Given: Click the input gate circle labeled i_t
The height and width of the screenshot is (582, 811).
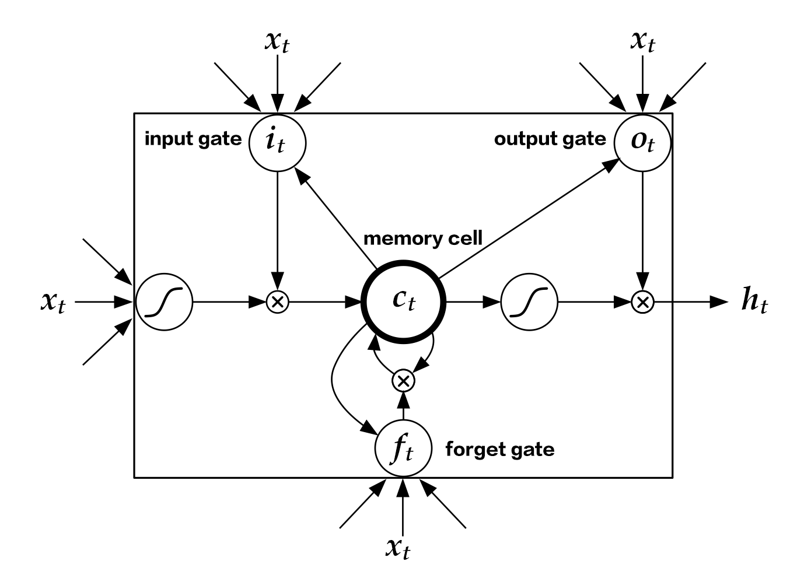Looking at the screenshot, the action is (277, 143).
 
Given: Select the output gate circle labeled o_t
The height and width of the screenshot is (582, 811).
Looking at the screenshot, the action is (642, 143).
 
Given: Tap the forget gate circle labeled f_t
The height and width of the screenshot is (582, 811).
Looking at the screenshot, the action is (403, 448).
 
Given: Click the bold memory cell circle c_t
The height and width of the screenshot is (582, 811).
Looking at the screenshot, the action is (403, 301).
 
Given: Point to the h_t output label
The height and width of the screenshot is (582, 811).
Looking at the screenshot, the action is (754, 300).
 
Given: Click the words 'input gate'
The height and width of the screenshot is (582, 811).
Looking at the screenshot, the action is (193, 139).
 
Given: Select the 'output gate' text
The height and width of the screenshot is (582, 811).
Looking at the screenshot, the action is (550, 139).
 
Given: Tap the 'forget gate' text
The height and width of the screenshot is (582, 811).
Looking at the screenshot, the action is (500, 450).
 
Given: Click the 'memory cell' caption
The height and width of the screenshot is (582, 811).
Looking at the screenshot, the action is (423, 239).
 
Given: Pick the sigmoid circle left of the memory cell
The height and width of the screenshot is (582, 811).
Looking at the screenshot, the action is (165, 302).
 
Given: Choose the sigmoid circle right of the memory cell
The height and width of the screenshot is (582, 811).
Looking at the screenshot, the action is (529, 302).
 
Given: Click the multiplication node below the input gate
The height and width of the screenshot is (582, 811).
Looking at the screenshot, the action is (277, 302).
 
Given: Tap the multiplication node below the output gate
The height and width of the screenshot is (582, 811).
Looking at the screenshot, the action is (642, 302).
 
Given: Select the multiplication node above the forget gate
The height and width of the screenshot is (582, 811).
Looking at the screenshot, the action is (403, 381).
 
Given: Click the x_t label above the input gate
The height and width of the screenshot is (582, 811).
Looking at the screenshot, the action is (277, 42).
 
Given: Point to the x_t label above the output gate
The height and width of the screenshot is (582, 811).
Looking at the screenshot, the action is (642, 42).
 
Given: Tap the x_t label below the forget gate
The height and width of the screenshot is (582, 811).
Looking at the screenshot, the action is (398, 548).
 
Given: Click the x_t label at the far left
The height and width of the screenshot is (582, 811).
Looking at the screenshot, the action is (53, 302).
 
